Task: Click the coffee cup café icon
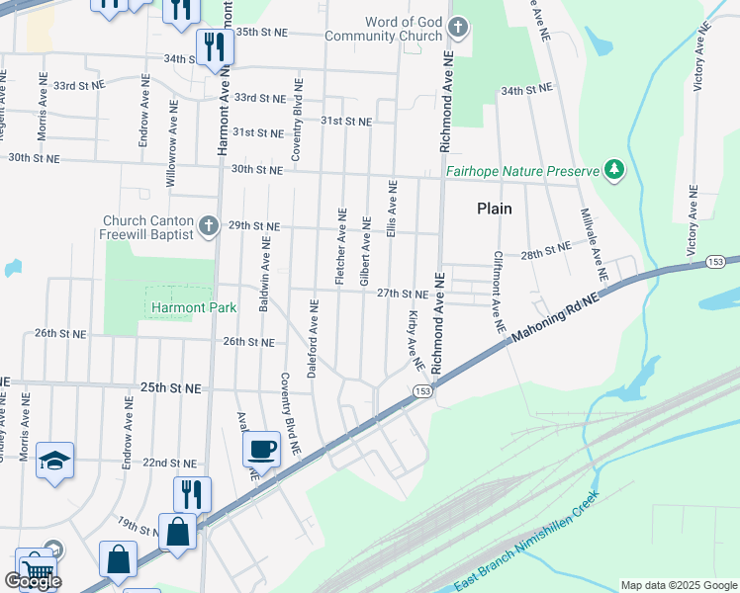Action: coord(262,449)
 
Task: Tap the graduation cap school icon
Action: coord(53,460)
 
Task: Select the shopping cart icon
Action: coord(37,570)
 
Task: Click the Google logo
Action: coord(33,581)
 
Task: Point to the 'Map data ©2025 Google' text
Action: coord(678,585)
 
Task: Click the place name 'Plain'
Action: coord(495,209)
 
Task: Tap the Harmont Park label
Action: coord(194,307)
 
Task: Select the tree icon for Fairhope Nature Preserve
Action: coord(615,170)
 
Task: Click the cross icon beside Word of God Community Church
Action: coord(457,26)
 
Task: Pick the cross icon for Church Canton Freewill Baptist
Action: coord(208,226)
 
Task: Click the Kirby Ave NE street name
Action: coord(415,341)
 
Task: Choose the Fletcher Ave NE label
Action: coord(340,247)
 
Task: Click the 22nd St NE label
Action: coord(169,463)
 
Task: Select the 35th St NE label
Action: coord(260,32)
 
